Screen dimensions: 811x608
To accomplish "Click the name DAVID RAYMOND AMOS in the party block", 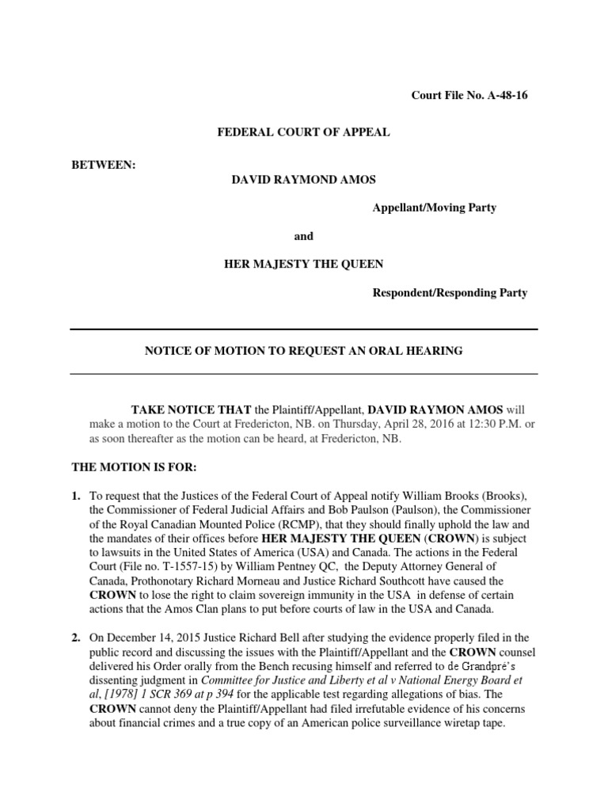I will [x=291, y=180].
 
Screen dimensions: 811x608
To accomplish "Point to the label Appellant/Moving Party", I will [x=435, y=208].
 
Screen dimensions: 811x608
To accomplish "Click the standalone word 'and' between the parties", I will [x=304, y=235].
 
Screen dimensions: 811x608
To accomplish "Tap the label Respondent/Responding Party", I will [x=450, y=292].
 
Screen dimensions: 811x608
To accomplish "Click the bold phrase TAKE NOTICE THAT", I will [x=191, y=409].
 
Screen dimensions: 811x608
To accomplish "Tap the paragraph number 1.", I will [x=75, y=496].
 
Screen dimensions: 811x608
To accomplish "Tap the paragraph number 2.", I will [x=75, y=638].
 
